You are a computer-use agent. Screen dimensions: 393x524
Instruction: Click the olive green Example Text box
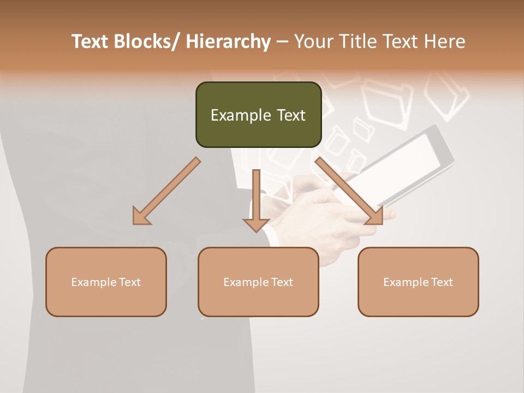pyautogui.click(x=258, y=115)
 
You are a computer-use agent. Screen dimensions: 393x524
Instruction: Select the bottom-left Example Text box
pyautogui.click(x=106, y=282)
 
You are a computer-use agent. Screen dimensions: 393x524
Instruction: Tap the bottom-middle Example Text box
pyautogui.click(x=258, y=282)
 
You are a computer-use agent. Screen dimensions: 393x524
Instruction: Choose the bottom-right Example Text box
pyautogui.click(x=418, y=282)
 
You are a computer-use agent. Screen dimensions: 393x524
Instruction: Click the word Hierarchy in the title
pyautogui.click(x=228, y=41)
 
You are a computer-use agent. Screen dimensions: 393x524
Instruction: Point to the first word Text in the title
pyautogui.click(x=90, y=41)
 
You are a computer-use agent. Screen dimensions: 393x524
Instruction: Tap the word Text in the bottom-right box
pyautogui.click(x=442, y=282)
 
